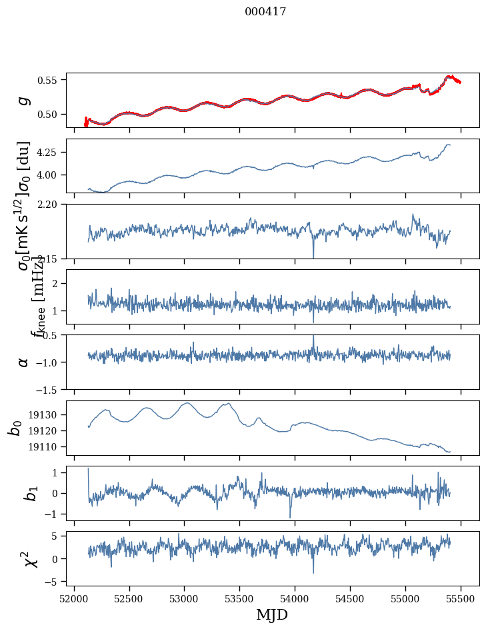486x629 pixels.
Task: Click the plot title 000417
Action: coord(265,11)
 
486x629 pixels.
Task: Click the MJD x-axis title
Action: coord(272,614)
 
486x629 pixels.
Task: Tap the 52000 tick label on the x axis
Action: coord(74,598)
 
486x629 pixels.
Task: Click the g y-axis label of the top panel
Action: coord(24,100)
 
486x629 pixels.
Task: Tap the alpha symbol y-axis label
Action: coord(24,362)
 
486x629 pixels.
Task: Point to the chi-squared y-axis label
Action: coord(24,558)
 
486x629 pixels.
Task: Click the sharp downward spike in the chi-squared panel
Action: coord(313,572)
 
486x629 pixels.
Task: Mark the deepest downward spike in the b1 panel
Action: coord(290,517)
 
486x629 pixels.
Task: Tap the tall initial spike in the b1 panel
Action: coord(88,469)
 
